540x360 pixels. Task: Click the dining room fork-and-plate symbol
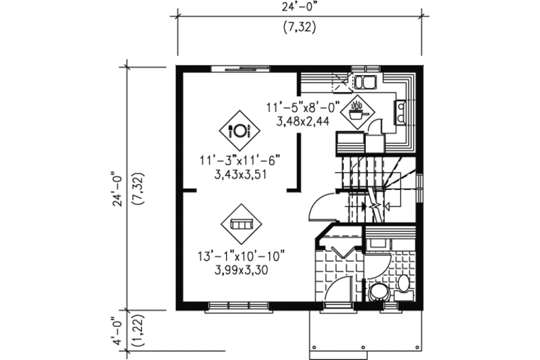point(239,130)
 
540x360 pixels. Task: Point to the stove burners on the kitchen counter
point(400,112)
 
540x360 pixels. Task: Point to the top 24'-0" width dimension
point(299,8)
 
